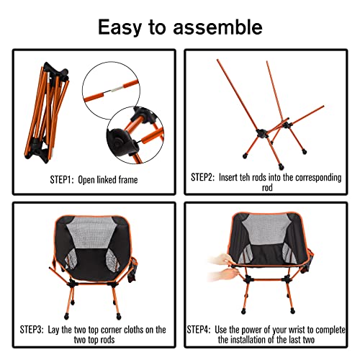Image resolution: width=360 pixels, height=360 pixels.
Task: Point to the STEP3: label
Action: point(32,329)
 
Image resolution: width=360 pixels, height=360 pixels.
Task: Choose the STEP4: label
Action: point(203,329)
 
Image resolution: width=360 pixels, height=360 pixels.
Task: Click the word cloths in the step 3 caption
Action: point(134,329)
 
